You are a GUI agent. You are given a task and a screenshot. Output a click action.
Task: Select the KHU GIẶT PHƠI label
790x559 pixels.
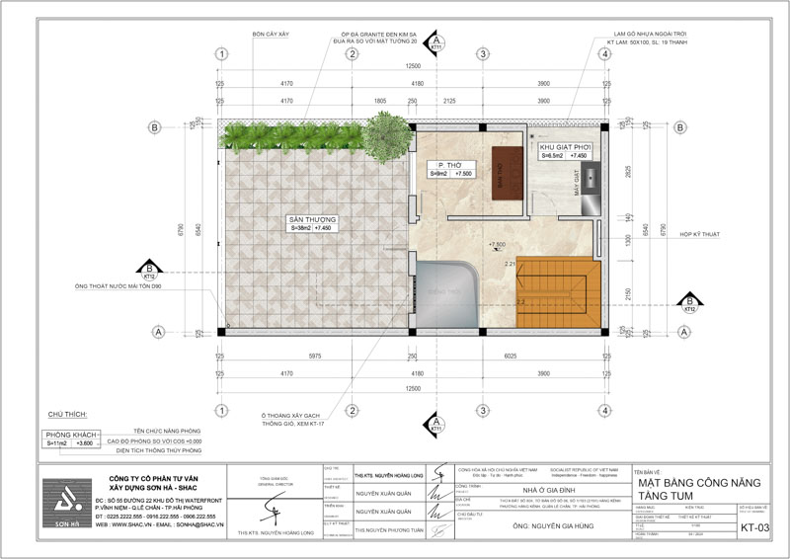pos(564,146)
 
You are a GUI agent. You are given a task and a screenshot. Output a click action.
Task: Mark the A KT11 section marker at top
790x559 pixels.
pos(436,44)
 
